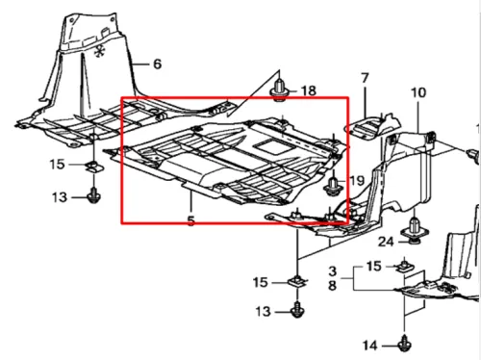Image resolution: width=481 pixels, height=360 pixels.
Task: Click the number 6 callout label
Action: [x=157, y=64]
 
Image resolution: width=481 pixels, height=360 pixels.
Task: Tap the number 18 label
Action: [x=309, y=90]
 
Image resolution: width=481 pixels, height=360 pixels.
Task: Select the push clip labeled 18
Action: [x=280, y=90]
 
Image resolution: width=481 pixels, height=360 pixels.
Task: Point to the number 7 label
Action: [x=365, y=78]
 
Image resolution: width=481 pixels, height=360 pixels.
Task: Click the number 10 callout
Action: [x=418, y=92]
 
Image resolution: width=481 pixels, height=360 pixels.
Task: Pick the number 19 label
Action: [x=357, y=181]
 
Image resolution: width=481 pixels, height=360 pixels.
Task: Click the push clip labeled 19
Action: [x=333, y=187]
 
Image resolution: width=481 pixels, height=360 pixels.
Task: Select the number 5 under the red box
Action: [x=191, y=220]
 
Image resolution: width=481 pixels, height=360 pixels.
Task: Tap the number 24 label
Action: [x=386, y=242]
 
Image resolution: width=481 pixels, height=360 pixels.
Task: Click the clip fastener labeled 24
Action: [x=415, y=230]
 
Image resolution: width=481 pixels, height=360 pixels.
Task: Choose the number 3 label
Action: [x=333, y=271]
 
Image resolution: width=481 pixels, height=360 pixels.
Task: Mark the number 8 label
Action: [x=333, y=285]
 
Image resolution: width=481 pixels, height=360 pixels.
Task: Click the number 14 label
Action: [x=370, y=346]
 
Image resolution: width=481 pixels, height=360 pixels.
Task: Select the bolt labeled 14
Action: [x=405, y=344]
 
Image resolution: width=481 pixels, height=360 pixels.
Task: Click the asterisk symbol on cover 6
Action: [x=100, y=51]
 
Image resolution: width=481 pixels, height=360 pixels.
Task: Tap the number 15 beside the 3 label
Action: [x=374, y=266]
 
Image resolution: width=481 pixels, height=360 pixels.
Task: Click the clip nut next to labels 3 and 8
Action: [x=405, y=267]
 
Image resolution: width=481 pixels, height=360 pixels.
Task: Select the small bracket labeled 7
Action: [x=373, y=126]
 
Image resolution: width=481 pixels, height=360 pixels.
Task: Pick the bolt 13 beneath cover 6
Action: [x=94, y=195]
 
